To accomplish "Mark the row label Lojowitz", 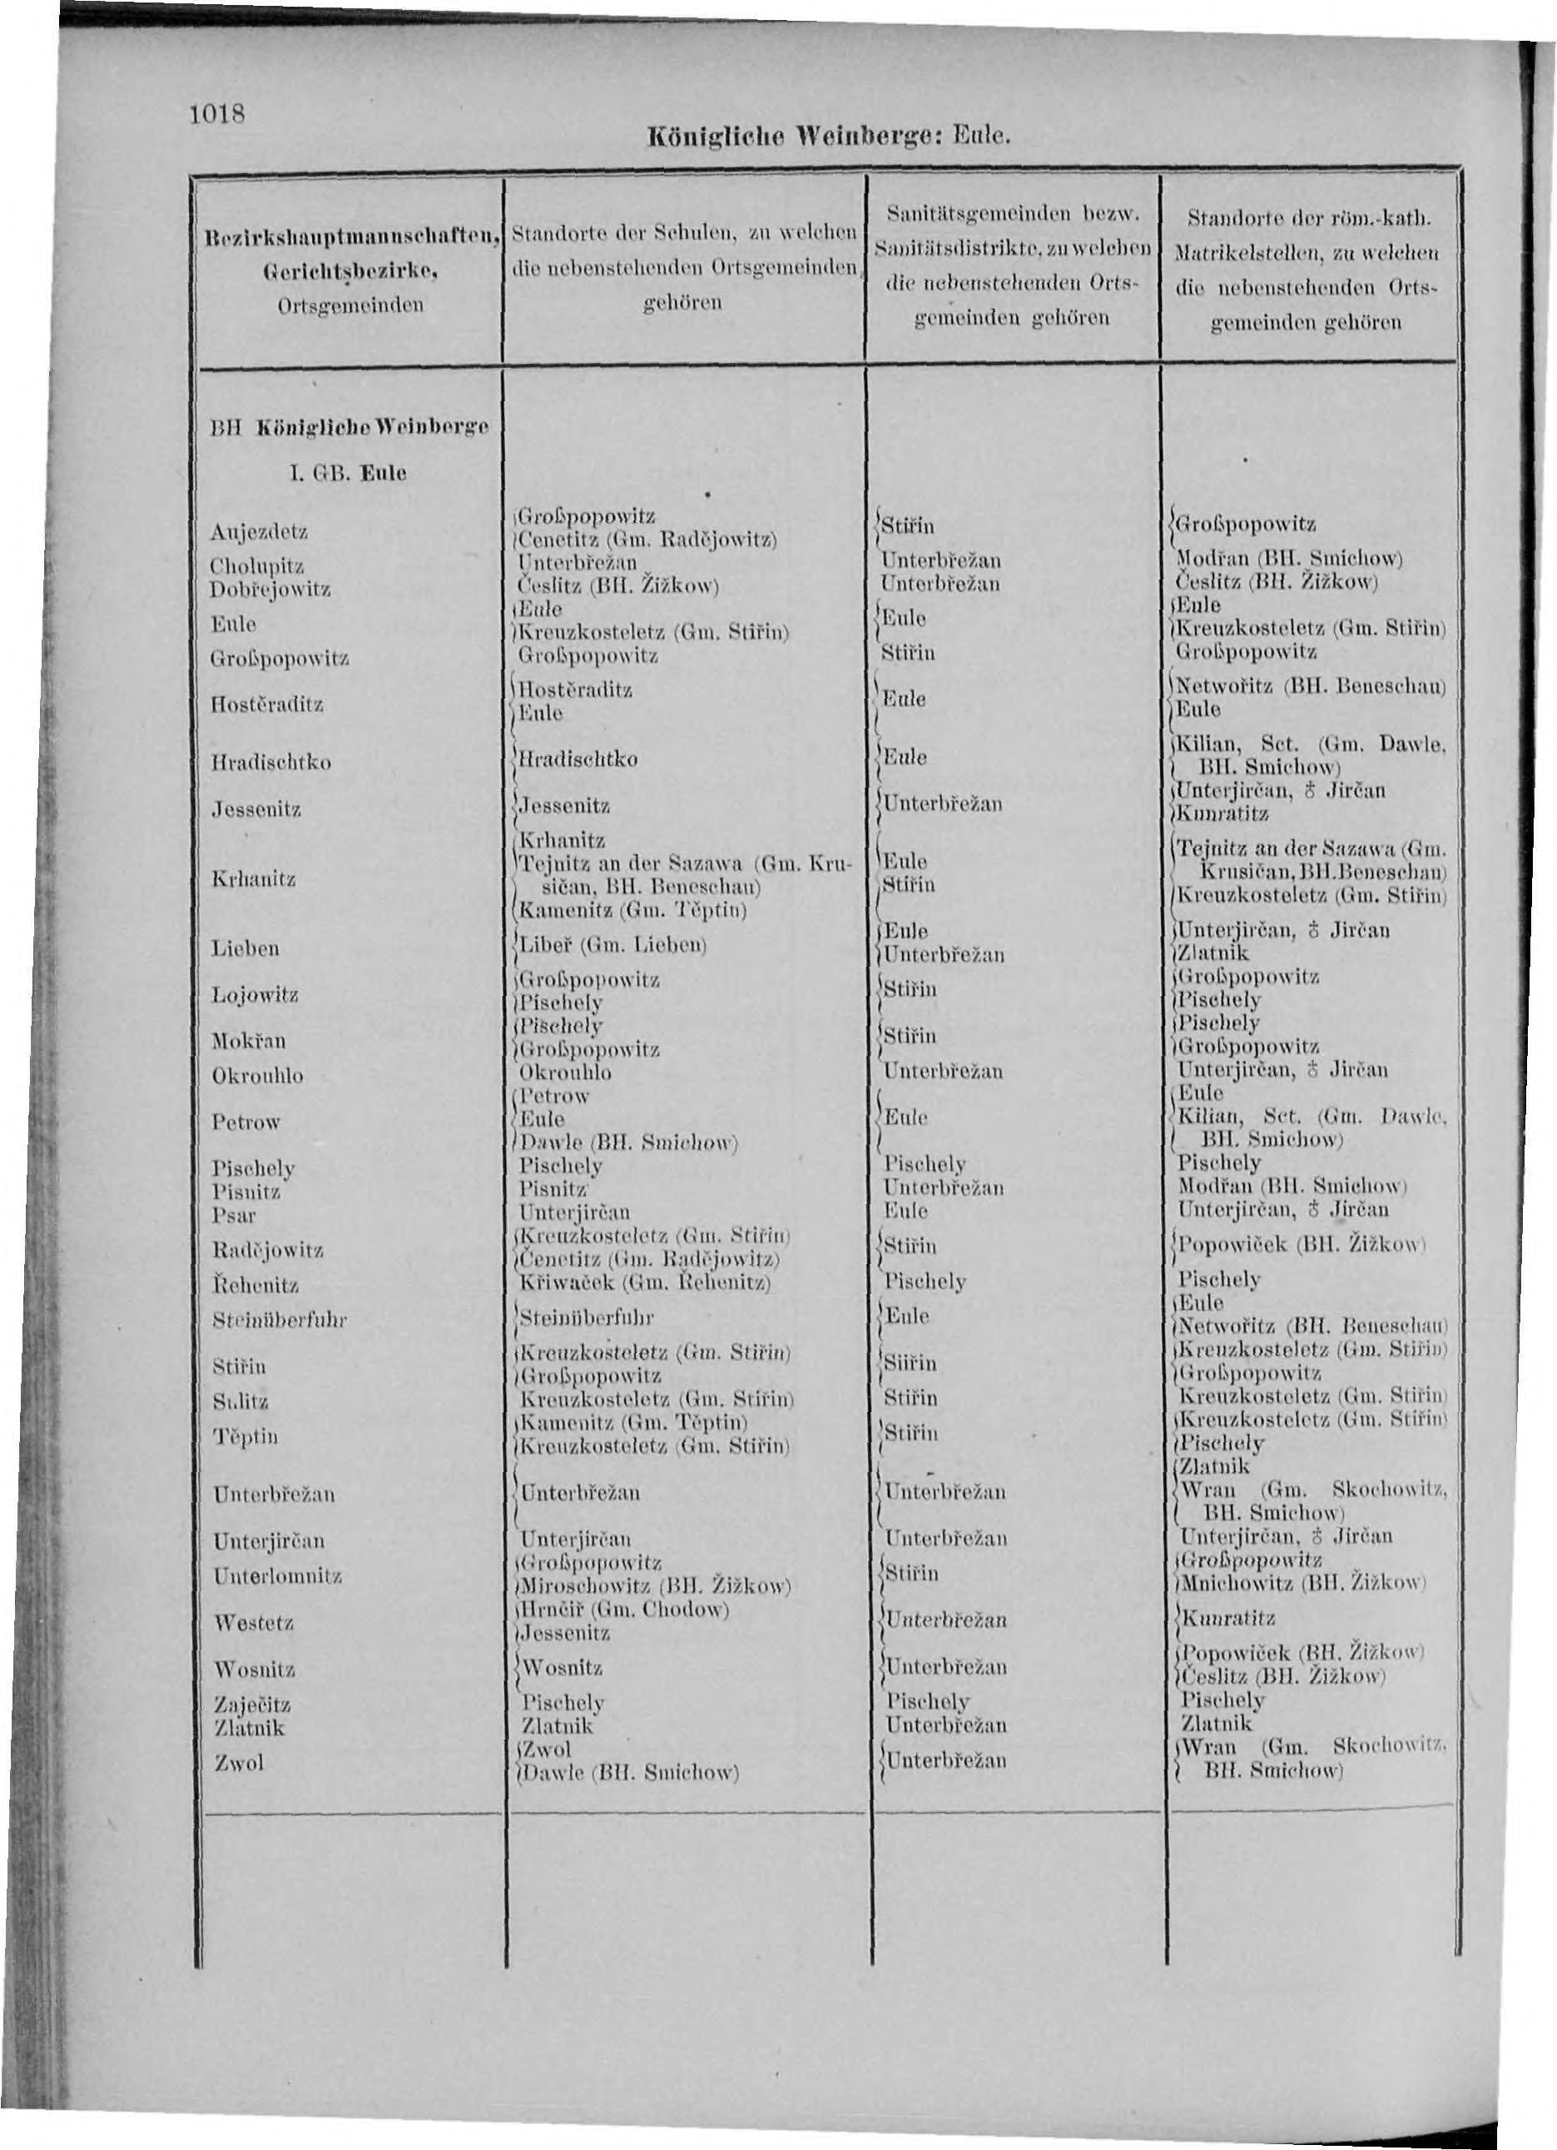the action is point(255,994).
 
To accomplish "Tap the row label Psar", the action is point(235,1215).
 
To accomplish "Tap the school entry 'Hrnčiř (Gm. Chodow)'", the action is point(626,1610).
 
